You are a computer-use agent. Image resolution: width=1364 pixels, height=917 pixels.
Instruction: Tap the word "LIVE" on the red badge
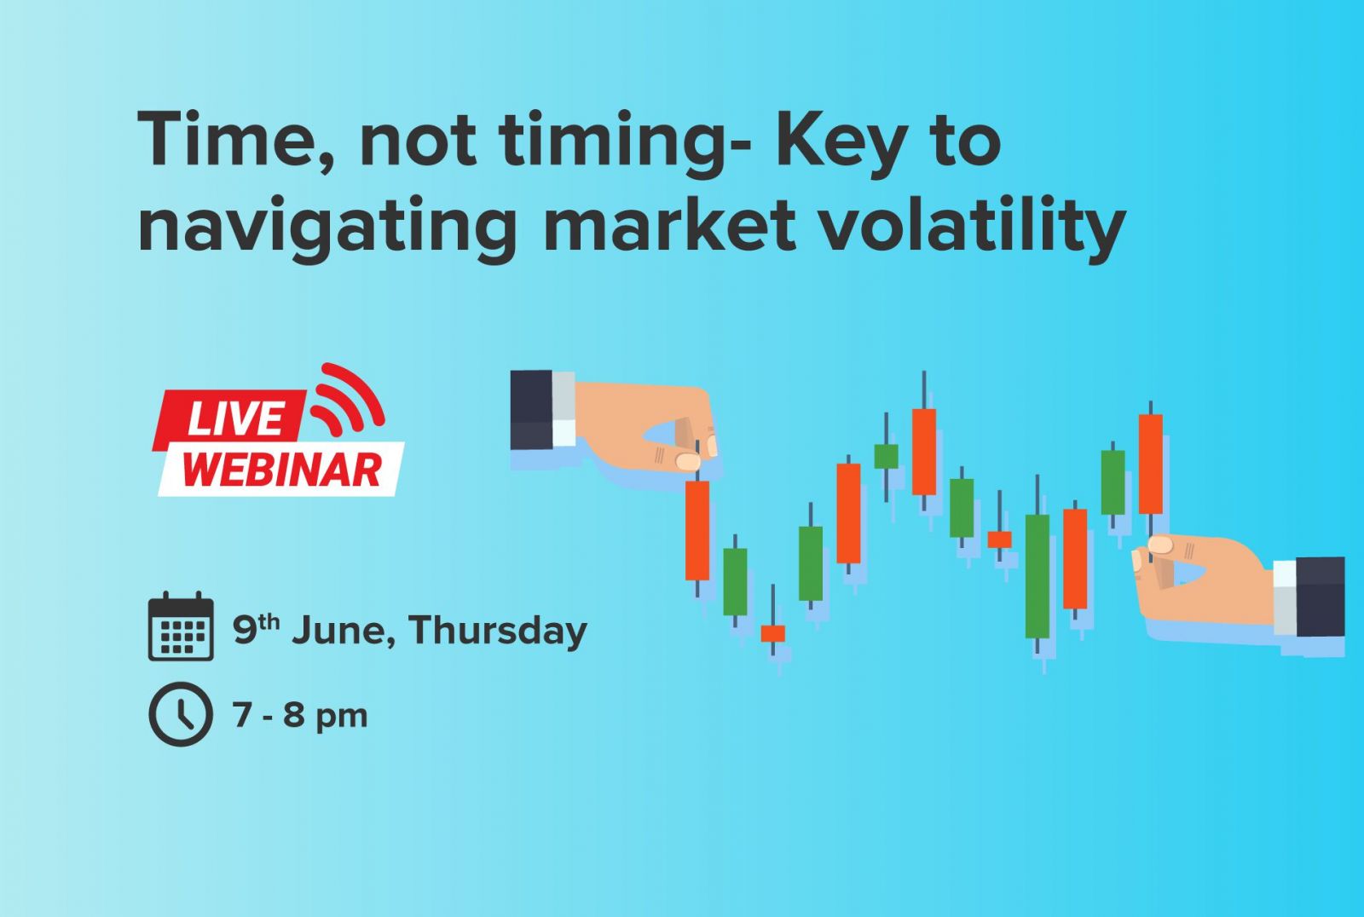(235, 420)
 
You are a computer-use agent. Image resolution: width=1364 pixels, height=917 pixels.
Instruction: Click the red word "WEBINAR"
(282, 470)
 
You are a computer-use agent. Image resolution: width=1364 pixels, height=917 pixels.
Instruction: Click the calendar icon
(181, 626)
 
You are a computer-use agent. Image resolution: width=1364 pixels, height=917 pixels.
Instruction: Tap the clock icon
(181, 714)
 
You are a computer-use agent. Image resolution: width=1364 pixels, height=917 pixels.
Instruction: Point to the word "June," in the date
(344, 630)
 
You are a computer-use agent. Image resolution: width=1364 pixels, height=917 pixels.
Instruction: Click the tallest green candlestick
(1037, 576)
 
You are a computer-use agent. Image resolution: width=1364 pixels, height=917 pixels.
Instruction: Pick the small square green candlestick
(886, 456)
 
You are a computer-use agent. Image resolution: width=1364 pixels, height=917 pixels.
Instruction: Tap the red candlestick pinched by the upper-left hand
(697, 530)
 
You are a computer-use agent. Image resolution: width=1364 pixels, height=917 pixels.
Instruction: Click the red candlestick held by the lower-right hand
(1150, 464)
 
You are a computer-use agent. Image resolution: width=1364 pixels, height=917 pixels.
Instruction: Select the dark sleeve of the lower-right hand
(1321, 597)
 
